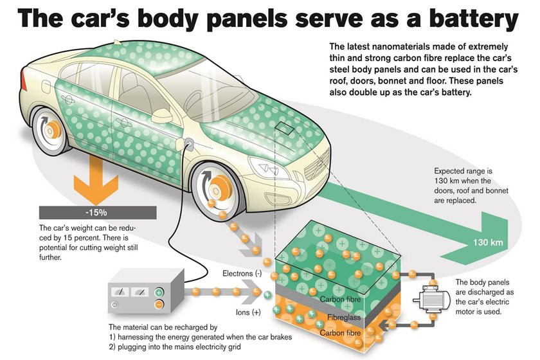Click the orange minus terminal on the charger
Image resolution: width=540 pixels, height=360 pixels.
point(159,305)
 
